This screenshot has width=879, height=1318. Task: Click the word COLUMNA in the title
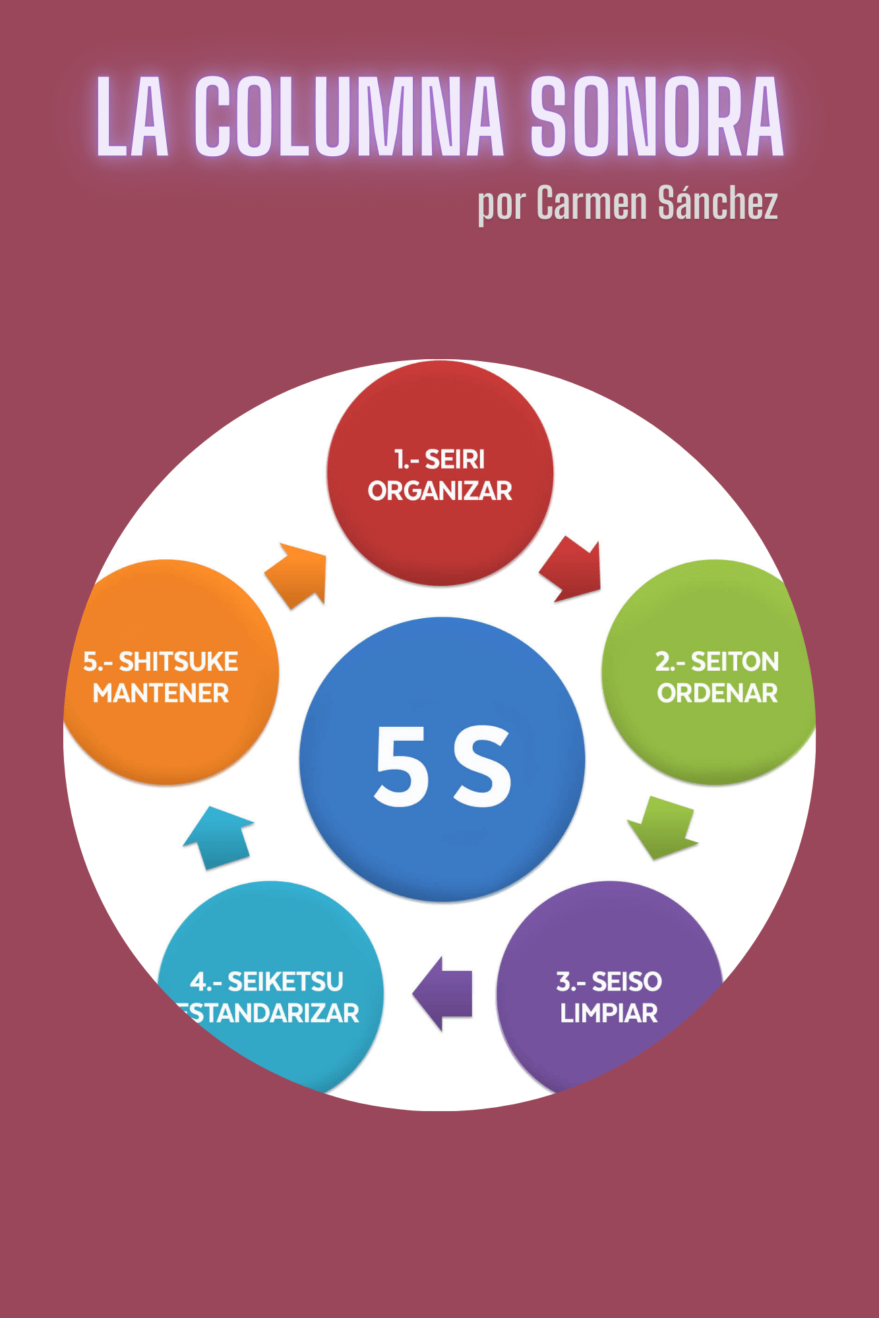coord(349,117)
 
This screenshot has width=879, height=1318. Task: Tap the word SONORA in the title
coord(657,117)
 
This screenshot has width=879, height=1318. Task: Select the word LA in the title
coord(133,117)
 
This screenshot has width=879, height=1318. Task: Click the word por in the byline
coord(501,206)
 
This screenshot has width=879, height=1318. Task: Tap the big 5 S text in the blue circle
coord(442,766)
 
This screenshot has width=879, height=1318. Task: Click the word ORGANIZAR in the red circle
coord(440,491)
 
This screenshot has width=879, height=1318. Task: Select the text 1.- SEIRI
coord(440,459)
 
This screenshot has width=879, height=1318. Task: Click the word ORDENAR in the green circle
coord(717,693)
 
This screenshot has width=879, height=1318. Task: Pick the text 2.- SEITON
coord(717,662)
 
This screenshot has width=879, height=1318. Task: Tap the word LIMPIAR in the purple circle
coord(609,1014)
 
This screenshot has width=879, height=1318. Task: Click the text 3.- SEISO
coord(609,982)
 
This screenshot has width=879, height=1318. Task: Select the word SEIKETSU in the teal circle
coord(285,982)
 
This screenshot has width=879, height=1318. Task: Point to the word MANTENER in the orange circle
coord(161,693)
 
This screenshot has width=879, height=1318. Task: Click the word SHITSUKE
coord(178,662)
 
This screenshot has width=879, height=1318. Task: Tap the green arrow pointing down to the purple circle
coord(663,826)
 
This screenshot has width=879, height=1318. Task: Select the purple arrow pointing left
coord(444,994)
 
